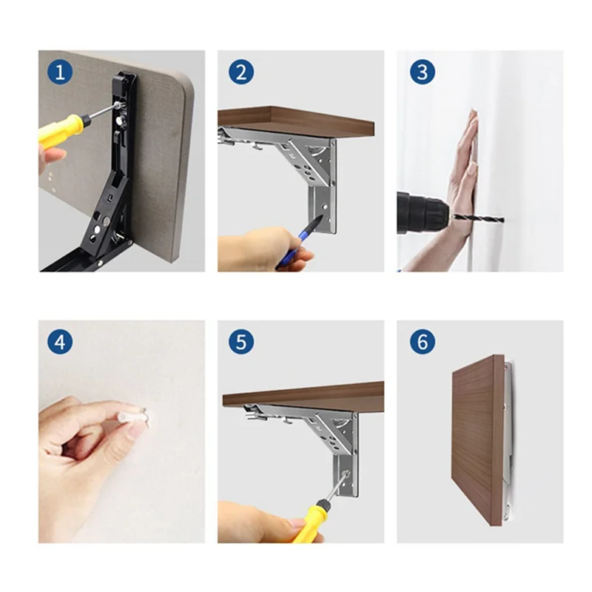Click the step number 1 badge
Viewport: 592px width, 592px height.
(60, 72)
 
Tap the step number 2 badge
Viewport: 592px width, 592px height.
(241, 72)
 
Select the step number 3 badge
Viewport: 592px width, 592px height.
(423, 72)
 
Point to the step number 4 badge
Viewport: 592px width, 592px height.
(60, 342)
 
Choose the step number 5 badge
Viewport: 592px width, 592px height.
(241, 342)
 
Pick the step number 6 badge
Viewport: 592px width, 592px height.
(423, 342)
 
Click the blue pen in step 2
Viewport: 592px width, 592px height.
(298, 241)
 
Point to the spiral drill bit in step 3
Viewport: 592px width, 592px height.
(478, 218)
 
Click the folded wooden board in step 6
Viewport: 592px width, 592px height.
(477, 439)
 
